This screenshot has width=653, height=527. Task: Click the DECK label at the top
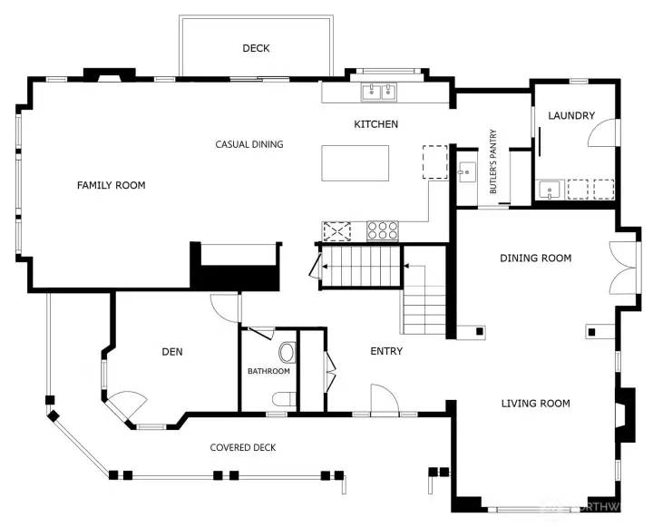[x=256, y=48]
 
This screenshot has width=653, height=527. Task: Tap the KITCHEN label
[x=375, y=124]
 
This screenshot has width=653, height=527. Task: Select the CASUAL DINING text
[x=249, y=144]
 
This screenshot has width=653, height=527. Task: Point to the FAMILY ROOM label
[x=111, y=185]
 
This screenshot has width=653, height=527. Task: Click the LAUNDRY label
[x=571, y=115]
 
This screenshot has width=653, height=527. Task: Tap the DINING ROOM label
[x=535, y=259]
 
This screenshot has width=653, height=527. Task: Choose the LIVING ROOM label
[x=535, y=404]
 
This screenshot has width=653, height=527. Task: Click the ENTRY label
[x=386, y=351]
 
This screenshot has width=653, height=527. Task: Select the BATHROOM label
[x=268, y=371]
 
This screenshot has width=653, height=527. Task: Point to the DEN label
[x=172, y=352]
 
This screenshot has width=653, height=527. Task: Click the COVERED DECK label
[x=243, y=447]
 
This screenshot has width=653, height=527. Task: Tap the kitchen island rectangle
[x=356, y=163]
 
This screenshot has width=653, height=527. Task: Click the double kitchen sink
[x=379, y=91]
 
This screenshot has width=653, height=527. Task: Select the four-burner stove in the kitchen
[x=383, y=230]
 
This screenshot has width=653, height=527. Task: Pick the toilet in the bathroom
[x=288, y=351]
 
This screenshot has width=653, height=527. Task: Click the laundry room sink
[x=549, y=190]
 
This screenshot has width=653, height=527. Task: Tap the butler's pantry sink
[x=466, y=170]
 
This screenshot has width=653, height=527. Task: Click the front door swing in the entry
[x=382, y=398]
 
